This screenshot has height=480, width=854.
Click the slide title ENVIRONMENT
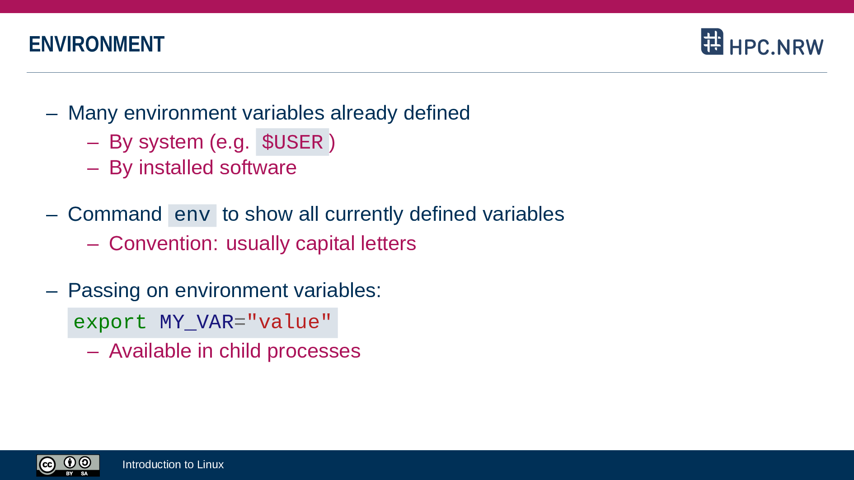pos(96,44)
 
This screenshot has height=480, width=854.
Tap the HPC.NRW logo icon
pos(712,42)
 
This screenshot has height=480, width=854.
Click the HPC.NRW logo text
pos(776,47)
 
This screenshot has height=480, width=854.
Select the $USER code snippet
pos(292,142)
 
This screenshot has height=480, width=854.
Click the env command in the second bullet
pos(192,215)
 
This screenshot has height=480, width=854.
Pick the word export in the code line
pos(110,322)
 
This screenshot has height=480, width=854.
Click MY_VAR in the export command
pos(197,322)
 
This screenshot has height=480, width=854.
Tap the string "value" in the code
pos(289,322)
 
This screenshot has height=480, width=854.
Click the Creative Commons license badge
pos(68,466)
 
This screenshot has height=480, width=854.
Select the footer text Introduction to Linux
pos(173,465)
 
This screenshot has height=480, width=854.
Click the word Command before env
pos(115,214)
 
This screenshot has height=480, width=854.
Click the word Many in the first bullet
pos(93,113)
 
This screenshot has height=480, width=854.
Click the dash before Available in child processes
pos(93,351)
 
